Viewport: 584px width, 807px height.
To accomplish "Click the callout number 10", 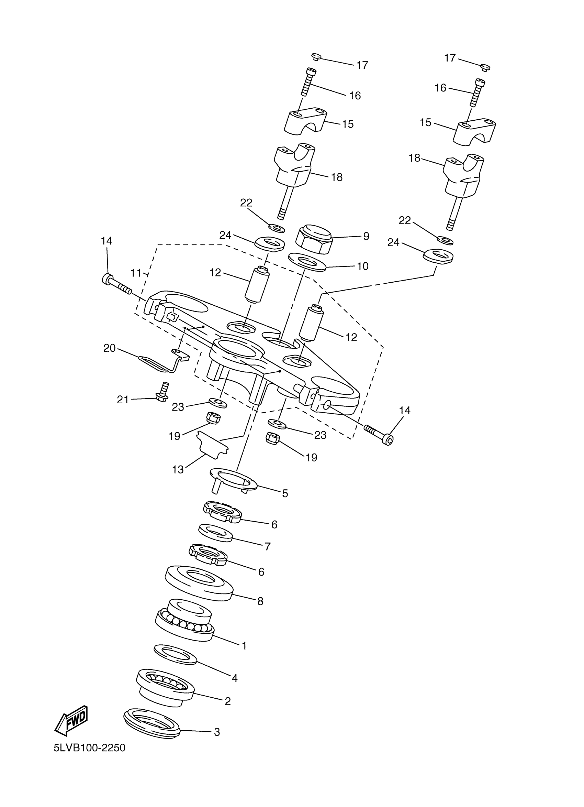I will point(362,266).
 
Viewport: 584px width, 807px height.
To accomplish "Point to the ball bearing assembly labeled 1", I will point(184,620).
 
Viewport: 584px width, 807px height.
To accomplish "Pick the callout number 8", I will point(260,601).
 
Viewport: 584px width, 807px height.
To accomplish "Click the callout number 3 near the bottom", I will point(216,732).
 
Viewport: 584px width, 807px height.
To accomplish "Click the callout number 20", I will point(110,348).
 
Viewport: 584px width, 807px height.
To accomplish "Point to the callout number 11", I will point(136,273).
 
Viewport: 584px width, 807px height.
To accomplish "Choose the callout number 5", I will point(285,493).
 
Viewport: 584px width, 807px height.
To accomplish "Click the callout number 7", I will point(267,546).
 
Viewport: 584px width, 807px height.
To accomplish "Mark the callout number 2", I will point(227,701).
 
